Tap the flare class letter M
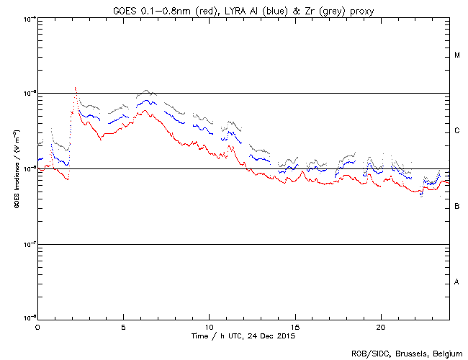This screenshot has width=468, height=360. [457, 55]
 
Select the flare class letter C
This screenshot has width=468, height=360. [457, 131]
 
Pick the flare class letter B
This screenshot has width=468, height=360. [457, 207]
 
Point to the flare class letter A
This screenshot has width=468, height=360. [457, 282]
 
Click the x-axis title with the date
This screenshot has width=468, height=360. [243, 336]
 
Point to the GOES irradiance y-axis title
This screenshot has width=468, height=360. [16, 169]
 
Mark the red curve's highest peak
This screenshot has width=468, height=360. [75, 88]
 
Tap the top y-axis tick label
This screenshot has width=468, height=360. [27, 19]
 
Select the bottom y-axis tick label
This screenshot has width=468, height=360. [27, 318]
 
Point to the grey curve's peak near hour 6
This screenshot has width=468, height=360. [146, 91]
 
